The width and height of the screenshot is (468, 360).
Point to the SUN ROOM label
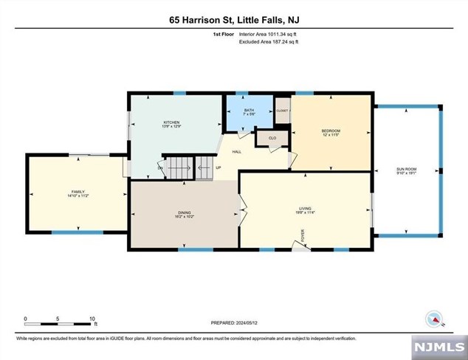coord(407,171)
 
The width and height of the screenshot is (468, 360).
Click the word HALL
coord(237,151)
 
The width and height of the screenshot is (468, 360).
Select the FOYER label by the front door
coord(302,236)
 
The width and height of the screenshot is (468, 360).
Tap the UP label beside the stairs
coord(218,167)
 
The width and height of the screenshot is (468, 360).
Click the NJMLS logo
coord(441,347)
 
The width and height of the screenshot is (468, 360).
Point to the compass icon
coord(436,319)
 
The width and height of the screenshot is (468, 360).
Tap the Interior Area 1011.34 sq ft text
coord(269,34)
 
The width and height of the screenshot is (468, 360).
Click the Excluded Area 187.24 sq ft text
coord(269,42)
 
